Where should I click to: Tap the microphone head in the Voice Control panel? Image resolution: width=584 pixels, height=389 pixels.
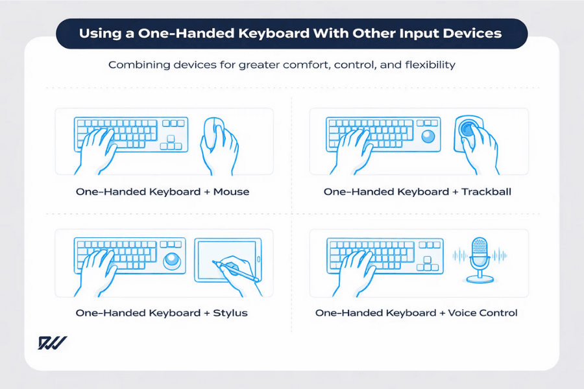click(479, 249)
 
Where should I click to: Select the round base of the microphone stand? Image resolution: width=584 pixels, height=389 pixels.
click(480, 279)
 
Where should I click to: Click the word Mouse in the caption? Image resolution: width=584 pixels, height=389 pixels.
click(230, 192)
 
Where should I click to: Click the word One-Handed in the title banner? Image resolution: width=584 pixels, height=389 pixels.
click(160, 33)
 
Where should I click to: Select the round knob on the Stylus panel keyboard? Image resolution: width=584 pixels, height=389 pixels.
click(172, 261)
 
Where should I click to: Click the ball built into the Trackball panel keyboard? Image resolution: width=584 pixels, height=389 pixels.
click(428, 136)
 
